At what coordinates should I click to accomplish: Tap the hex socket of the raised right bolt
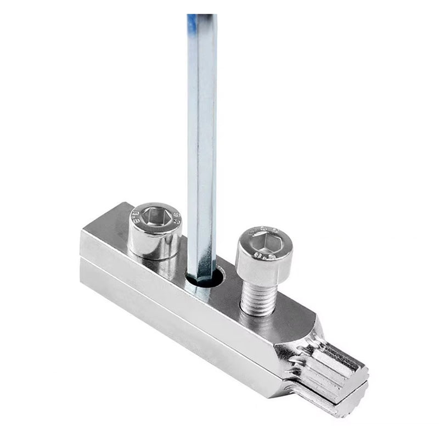tap(264, 241)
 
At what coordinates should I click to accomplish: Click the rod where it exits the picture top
tap(201, 16)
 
